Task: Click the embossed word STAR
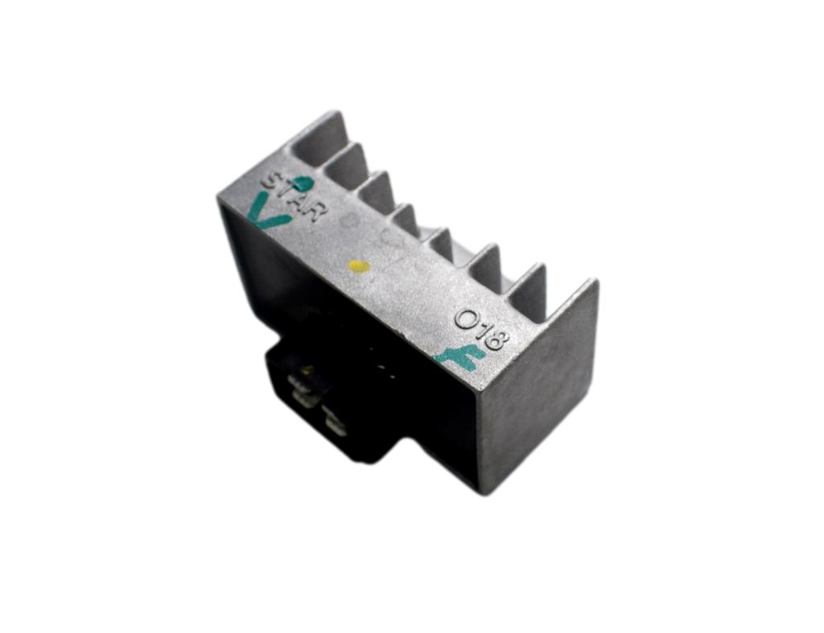[295, 196]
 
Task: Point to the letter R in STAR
[316, 212]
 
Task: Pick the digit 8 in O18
[496, 339]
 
